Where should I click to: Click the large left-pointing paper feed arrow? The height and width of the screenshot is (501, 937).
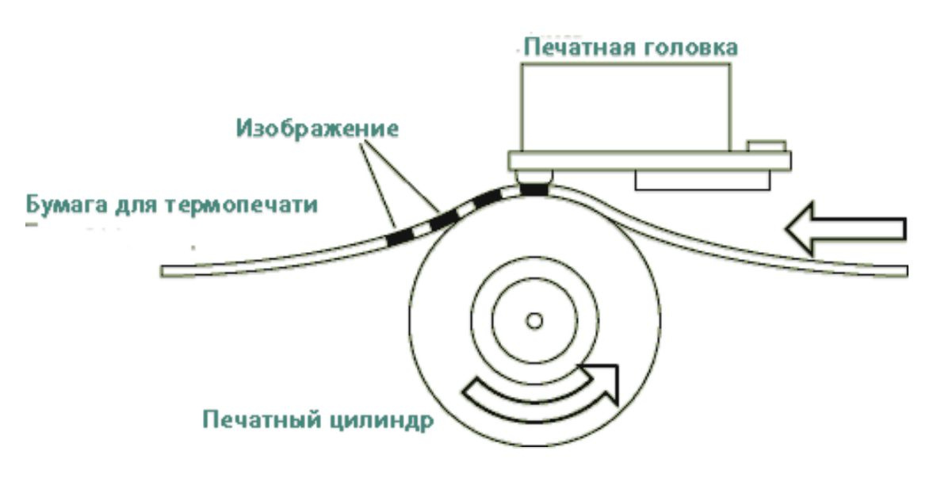844,228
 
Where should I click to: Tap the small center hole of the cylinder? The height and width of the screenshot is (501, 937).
534,320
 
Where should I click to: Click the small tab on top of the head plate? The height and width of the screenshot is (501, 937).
767,146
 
